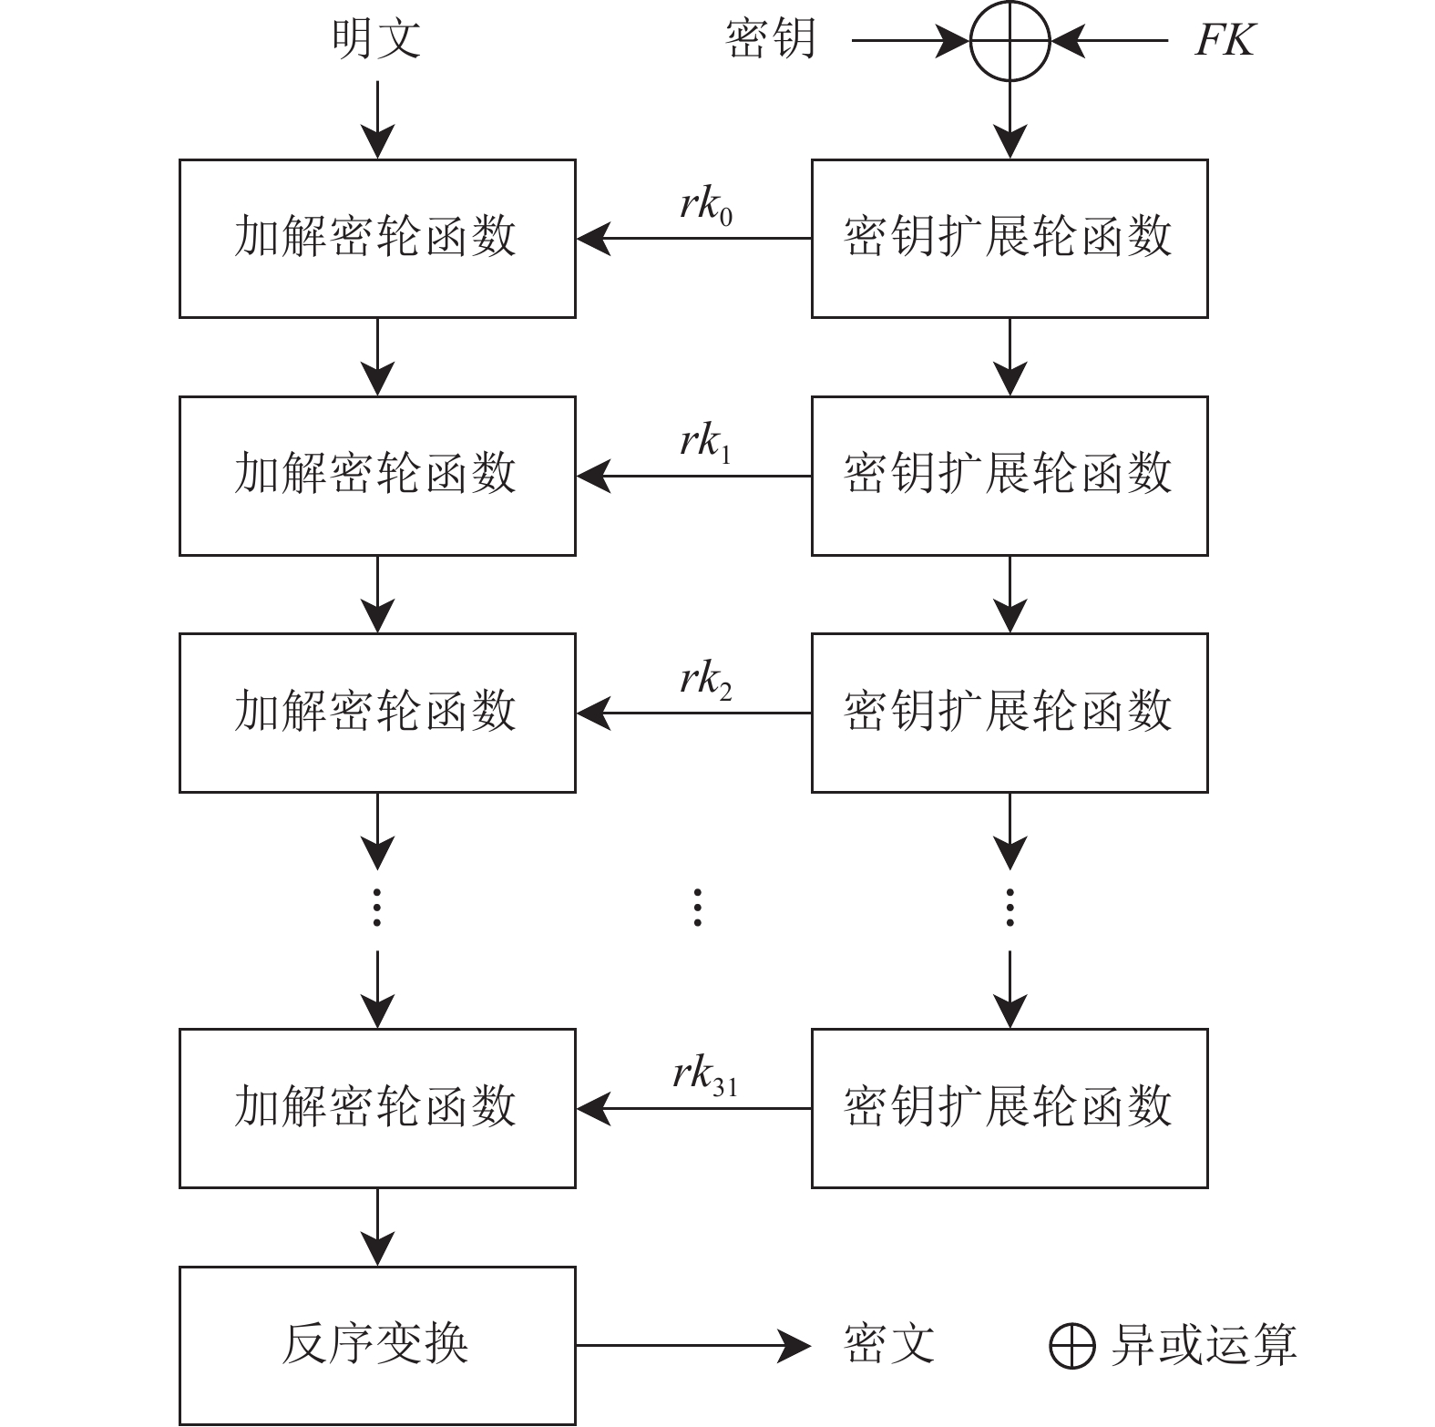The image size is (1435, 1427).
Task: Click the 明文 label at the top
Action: [x=376, y=39]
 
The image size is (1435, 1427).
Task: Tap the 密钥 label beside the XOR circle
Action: [x=770, y=40]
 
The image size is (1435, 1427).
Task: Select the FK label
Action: [x=1224, y=40]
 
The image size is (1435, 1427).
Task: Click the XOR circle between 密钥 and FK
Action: [x=1010, y=41]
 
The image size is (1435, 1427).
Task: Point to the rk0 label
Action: [x=706, y=206]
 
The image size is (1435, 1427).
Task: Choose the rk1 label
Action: [x=706, y=443]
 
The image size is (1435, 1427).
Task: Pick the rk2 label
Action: [x=706, y=680]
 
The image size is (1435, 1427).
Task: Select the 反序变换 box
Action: [x=377, y=1345]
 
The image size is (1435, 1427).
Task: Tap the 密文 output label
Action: [x=889, y=1345]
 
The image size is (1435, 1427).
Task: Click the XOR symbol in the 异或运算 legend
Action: [x=1071, y=1346]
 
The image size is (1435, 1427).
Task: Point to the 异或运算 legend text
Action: [x=1203, y=1345]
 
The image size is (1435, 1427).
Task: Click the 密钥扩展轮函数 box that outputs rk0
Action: [x=1010, y=239]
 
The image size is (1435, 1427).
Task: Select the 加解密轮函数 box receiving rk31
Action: [x=377, y=1108]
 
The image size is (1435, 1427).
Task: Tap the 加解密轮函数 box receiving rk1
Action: [x=377, y=476]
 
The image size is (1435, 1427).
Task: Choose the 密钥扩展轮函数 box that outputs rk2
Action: [x=1010, y=713]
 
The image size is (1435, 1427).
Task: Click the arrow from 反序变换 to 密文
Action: [x=692, y=1345]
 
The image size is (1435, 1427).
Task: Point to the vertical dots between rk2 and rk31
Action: [x=697, y=908]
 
